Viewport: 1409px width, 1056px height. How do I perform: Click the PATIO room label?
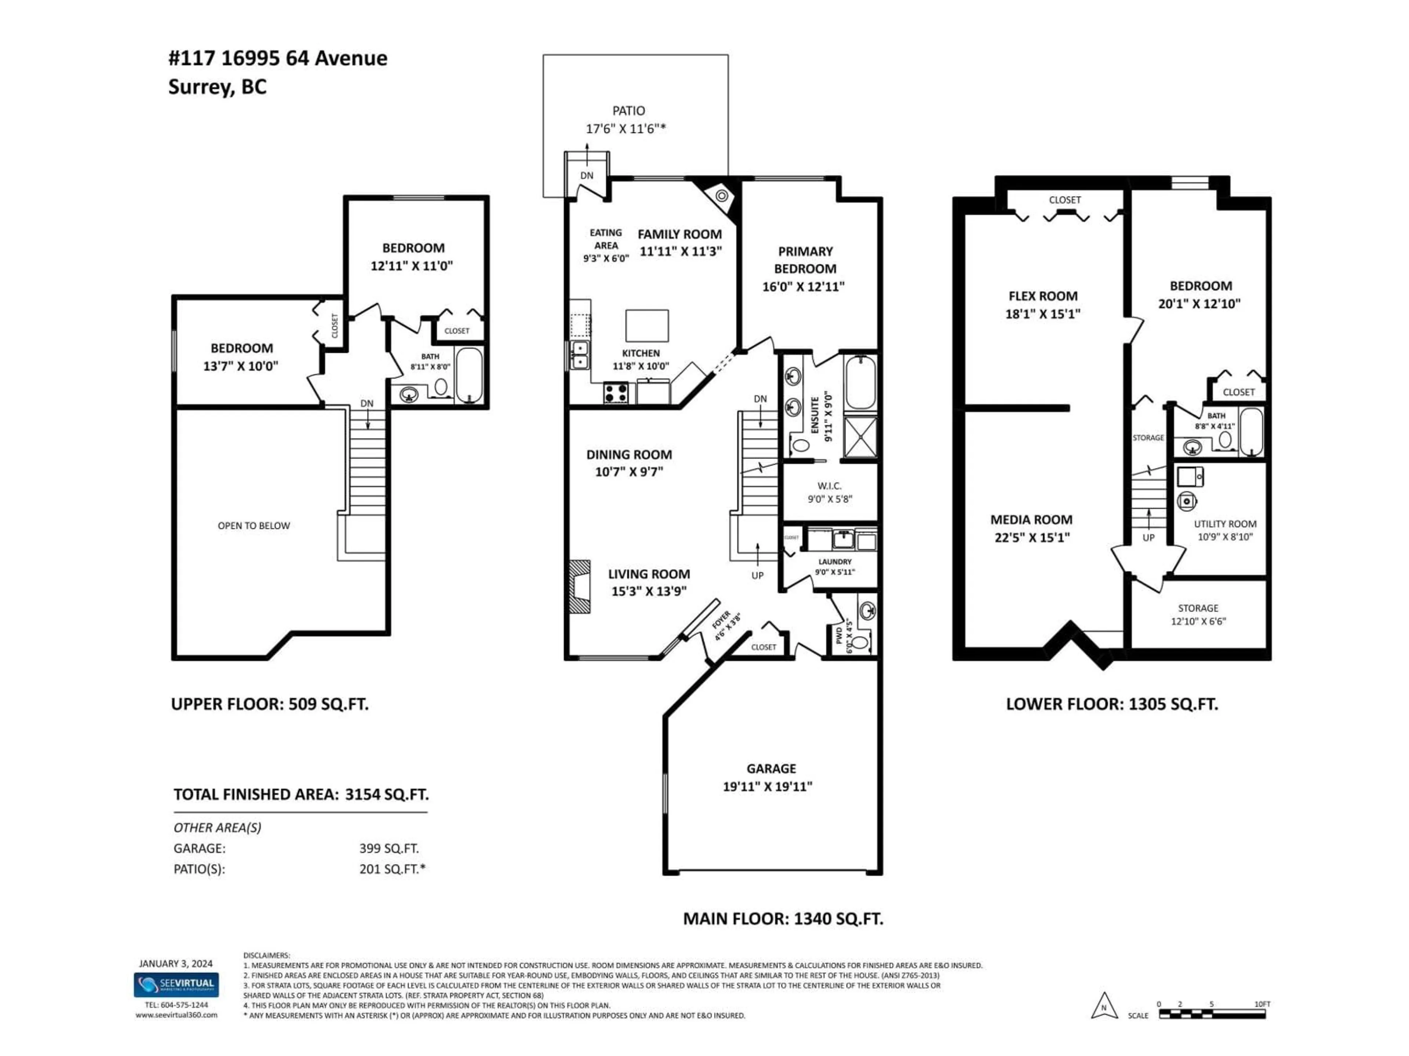628,111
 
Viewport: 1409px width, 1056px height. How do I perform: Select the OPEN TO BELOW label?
254,526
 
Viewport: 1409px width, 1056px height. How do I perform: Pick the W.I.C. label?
829,486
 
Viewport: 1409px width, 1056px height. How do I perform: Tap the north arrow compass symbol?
1104,1006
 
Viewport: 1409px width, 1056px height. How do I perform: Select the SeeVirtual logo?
176,985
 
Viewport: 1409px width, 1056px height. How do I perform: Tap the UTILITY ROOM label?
1224,524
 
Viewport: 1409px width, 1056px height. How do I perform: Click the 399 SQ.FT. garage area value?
389,848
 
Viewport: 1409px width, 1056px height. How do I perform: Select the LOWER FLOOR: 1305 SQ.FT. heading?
1111,704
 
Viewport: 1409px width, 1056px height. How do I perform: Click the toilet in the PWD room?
860,642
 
